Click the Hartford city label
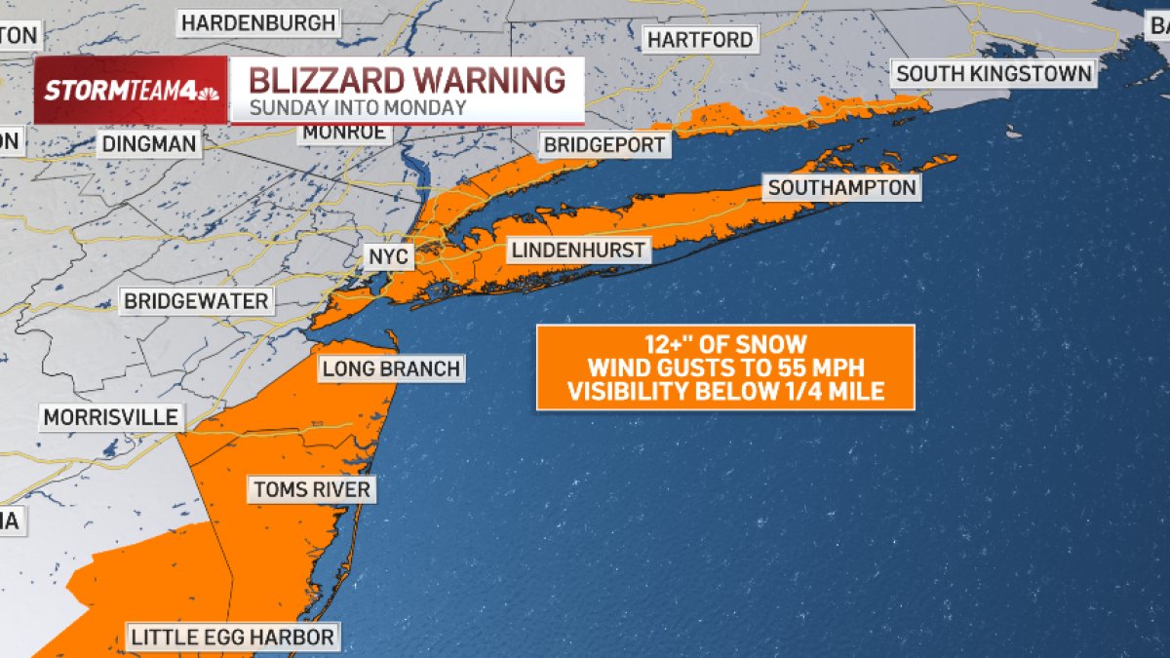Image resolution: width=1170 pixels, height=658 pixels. (x=700, y=40)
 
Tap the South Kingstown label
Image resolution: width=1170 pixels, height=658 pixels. (x=994, y=73)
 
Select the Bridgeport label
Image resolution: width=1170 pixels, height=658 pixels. (x=604, y=145)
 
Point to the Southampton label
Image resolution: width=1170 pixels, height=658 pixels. (x=842, y=187)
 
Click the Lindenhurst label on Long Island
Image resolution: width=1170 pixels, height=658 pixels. (x=578, y=251)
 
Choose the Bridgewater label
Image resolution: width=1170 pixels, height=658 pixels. (x=196, y=301)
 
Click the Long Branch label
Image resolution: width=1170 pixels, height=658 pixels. (x=390, y=368)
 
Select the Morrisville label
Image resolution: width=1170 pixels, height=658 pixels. (x=110, y=418)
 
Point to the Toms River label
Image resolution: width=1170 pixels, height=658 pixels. (x=312, y=489)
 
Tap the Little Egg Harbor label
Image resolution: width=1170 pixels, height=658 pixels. (x=233, y=638)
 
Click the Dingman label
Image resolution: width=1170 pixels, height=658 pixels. (x=149, y=145)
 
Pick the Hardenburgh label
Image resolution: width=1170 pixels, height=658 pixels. (x=258, y=21)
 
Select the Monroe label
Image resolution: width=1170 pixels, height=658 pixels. (x=343, y=133)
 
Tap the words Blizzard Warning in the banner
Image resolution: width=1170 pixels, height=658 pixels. (x=407, y=79)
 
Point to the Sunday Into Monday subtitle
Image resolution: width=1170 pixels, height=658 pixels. (x=358, y=108)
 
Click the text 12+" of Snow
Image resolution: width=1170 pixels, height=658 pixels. (x=724, y=344)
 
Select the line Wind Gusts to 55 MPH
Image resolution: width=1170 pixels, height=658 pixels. (x=724, y=368)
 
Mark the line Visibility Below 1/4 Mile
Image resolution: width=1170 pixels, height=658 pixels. (x=724, y=392)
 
